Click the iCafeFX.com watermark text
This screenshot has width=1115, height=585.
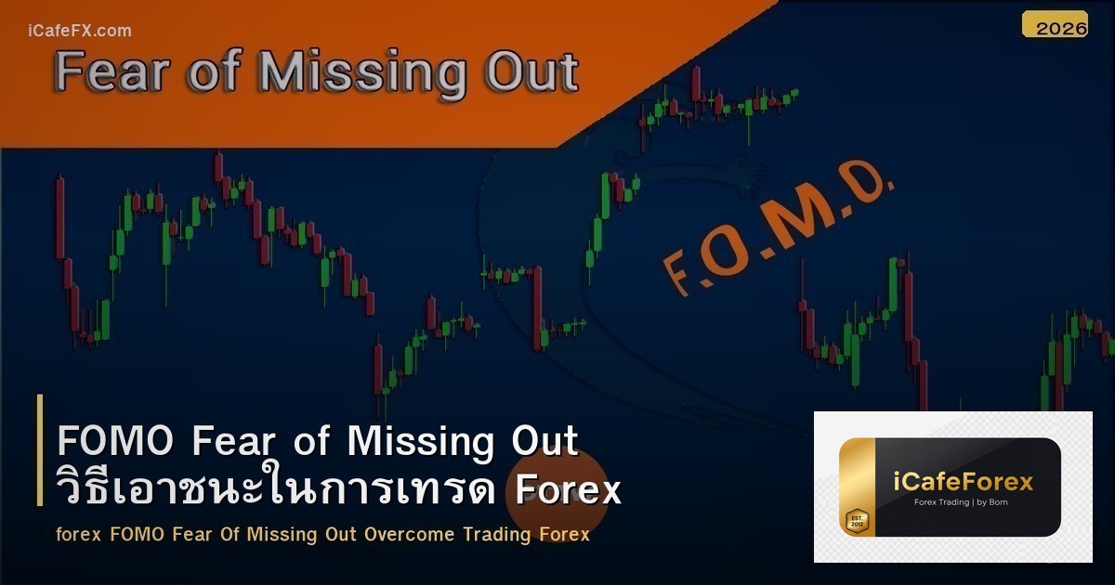tap(79, 31)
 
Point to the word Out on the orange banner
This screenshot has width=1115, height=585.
tap(531, 72)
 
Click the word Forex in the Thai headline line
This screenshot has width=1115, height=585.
tap(568, 489)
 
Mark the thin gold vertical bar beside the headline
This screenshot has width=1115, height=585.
tap(40, 449)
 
